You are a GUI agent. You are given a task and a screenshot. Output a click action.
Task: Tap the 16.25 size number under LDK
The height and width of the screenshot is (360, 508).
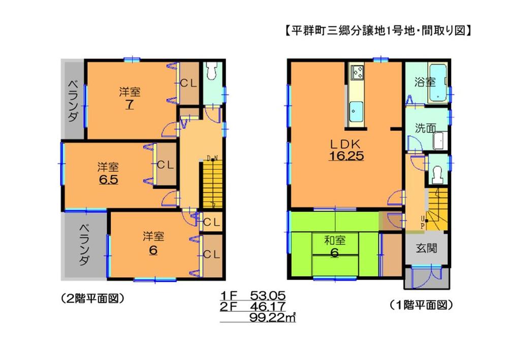(x=344, y=157)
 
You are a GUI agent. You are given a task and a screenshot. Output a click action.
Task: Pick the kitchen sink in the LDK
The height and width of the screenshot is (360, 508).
(x=356, y=108)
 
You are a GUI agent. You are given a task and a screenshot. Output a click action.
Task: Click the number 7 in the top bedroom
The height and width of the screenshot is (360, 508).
(x=130, y=105)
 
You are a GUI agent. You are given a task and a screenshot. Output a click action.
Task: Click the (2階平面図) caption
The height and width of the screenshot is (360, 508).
(x=92, y=298)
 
